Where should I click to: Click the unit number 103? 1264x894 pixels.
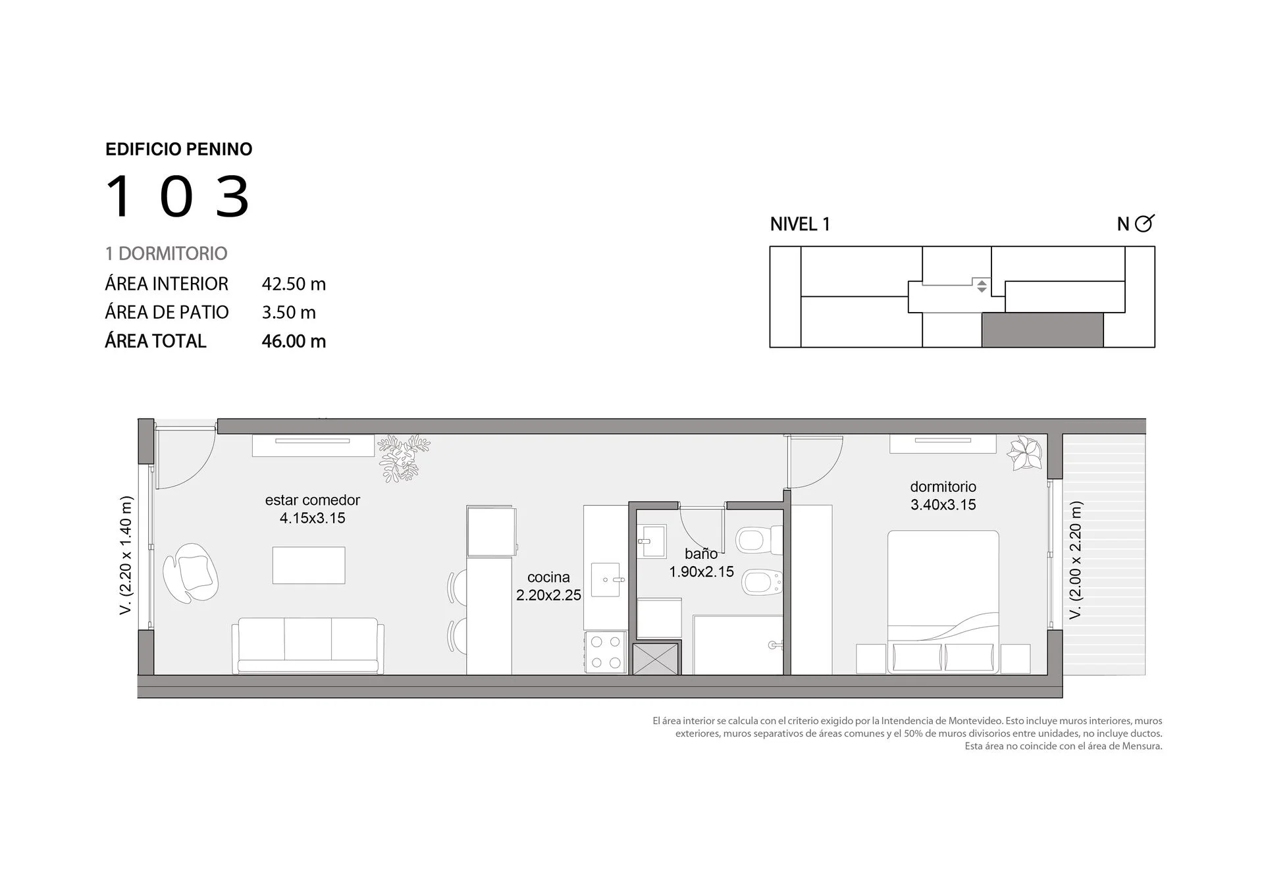[178, 196]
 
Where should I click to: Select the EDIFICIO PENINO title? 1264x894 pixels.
[179, 149]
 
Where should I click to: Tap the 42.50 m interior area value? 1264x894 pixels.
[294, 284]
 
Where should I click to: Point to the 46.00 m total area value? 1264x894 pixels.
[294, 341]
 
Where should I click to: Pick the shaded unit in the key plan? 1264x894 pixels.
[1043, 330]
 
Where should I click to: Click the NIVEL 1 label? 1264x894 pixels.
[800, 224]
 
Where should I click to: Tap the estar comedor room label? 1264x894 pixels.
[313, 509]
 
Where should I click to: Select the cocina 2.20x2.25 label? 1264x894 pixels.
[548, 586]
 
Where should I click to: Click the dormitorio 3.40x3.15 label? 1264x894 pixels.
[943, 496]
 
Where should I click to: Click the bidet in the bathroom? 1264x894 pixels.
[762, 581]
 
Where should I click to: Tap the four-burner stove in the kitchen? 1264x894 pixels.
[606, 652]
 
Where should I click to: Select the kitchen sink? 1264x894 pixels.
[606, 579]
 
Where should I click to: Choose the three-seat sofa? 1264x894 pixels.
[307, 646]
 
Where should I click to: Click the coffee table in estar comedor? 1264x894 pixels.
[309, 565]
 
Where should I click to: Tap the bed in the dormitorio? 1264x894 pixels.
[943, 602]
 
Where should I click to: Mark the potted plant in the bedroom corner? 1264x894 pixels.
[1024, 452]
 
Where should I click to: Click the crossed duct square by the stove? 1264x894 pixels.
[655, 659]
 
